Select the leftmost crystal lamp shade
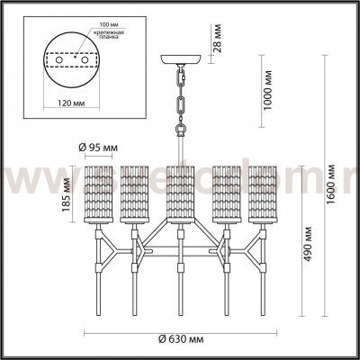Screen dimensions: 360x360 coord(94,195)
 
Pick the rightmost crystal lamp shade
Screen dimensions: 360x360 coord(264,195)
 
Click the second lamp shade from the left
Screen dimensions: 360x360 coord(135,195)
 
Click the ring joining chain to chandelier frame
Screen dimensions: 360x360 coord(180,130)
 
